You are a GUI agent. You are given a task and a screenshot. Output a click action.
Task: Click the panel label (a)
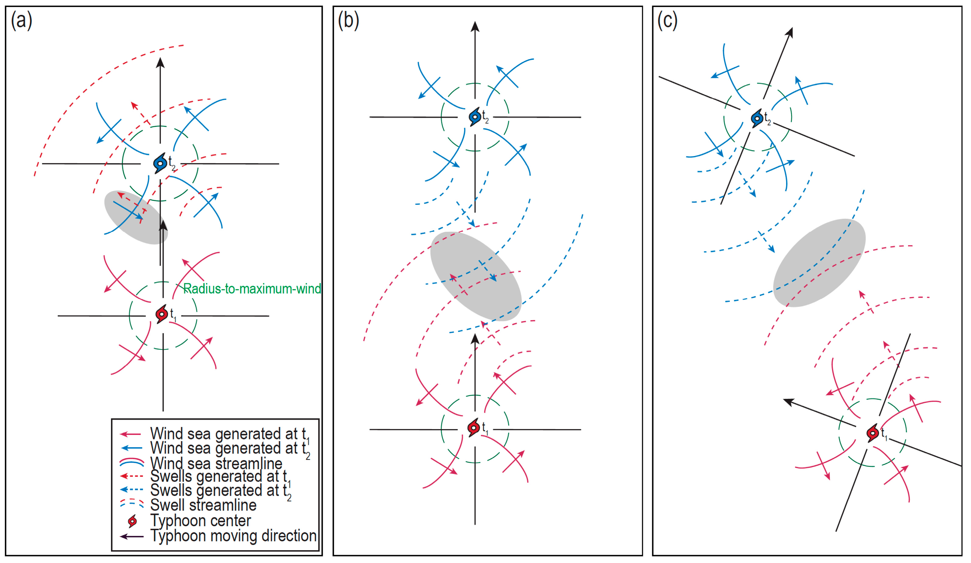[22, 20]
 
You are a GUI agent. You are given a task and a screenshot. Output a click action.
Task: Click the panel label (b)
[348, 20]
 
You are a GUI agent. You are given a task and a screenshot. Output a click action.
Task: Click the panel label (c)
[668, 20]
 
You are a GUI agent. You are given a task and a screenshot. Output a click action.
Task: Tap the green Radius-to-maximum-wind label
[252, 289]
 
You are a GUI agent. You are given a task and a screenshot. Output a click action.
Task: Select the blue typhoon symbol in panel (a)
[160, 163]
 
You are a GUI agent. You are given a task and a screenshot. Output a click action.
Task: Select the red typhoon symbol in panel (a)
[162, 314]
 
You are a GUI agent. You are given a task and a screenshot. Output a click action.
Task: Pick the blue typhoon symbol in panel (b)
[475, 116]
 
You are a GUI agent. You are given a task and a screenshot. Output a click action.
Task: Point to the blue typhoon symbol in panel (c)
[757, 118]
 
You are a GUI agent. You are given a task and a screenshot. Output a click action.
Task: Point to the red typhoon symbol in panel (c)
[873, 433]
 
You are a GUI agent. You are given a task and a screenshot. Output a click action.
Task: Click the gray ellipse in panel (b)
[476, 276]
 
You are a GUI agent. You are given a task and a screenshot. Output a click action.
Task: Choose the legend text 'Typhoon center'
[200, 521]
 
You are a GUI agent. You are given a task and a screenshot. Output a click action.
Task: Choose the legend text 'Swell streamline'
[203, 505]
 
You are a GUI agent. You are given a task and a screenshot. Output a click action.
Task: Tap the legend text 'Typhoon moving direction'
[233, 536]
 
